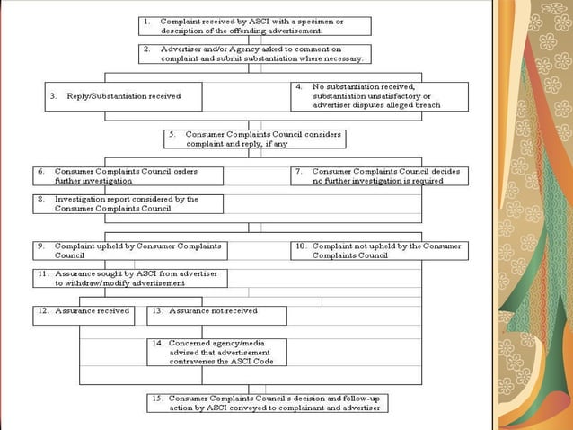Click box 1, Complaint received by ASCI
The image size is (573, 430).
(255, 25)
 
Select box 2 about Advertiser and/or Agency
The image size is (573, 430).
(255, 53)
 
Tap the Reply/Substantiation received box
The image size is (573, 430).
(123, 96)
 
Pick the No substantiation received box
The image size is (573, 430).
(379, 96)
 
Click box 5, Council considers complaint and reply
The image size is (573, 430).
(254, 139)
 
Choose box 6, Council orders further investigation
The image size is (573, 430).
(128, 175)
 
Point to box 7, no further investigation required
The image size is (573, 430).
(378, 175)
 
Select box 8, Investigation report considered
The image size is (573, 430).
(128, 203)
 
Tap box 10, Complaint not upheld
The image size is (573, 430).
(378, 250)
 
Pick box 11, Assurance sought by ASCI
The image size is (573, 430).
(130, 278)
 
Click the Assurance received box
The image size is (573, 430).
(83, 315)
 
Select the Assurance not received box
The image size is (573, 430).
(216, 315)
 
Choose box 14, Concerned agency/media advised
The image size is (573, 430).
(216, 352)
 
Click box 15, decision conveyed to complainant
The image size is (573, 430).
(268, 402)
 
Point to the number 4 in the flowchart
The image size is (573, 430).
(298, 87)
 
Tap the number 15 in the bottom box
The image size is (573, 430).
(156, 398)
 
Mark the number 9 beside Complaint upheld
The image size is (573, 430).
(40, 246)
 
